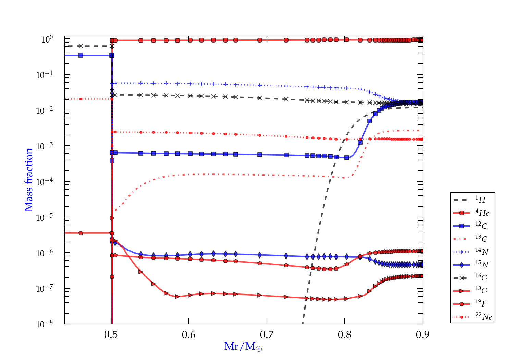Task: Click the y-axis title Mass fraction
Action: (29, 180)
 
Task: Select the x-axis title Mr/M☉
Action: (243, 347)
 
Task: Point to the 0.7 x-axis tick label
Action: (267, 334)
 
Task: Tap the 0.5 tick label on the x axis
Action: (111, 334)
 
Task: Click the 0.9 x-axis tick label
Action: (423, 334)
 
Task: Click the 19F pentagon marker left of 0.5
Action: (81, 233)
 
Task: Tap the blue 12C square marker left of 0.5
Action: (81, 55)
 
